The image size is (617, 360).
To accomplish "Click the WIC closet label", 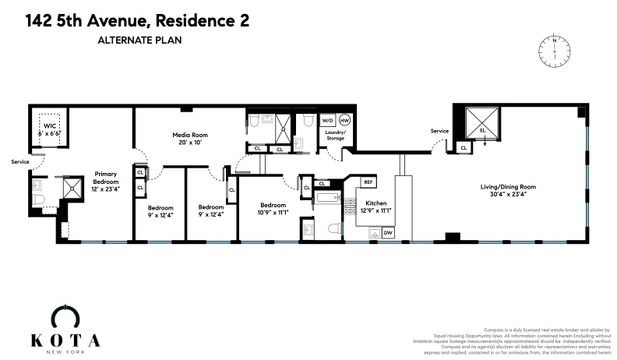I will point(50,125).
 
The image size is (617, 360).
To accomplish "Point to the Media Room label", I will point(192,135).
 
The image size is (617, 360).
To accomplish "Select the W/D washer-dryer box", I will point(328,122).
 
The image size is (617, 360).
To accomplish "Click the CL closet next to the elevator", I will point(464,146).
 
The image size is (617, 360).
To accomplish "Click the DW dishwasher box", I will point(387,232).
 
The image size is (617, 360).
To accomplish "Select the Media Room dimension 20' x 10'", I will point(192,143).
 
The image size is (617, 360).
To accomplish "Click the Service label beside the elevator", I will point(439,131).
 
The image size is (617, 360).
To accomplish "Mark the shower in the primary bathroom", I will point(72,187).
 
